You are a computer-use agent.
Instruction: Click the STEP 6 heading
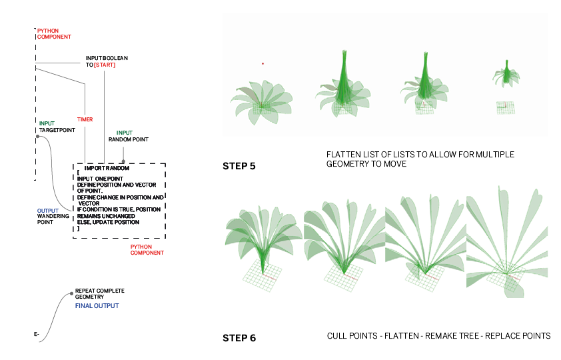click(239, 338)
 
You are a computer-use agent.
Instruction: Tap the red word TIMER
click(85, 119)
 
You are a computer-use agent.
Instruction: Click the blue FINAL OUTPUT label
click(97, 305)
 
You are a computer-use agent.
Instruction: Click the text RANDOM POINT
click(129, 139)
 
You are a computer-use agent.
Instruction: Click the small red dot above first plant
click(263, 64)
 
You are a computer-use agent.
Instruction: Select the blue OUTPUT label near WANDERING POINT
click(47, 211)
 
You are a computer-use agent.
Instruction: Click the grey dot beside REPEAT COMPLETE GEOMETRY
click(70, 293)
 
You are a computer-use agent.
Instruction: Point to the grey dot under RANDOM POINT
click(123, 151)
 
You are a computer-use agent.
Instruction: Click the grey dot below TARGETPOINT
click(39, 137)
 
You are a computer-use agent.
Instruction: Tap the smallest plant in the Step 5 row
click(506, 74)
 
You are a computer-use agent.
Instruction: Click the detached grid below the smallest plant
click(504, 106)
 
